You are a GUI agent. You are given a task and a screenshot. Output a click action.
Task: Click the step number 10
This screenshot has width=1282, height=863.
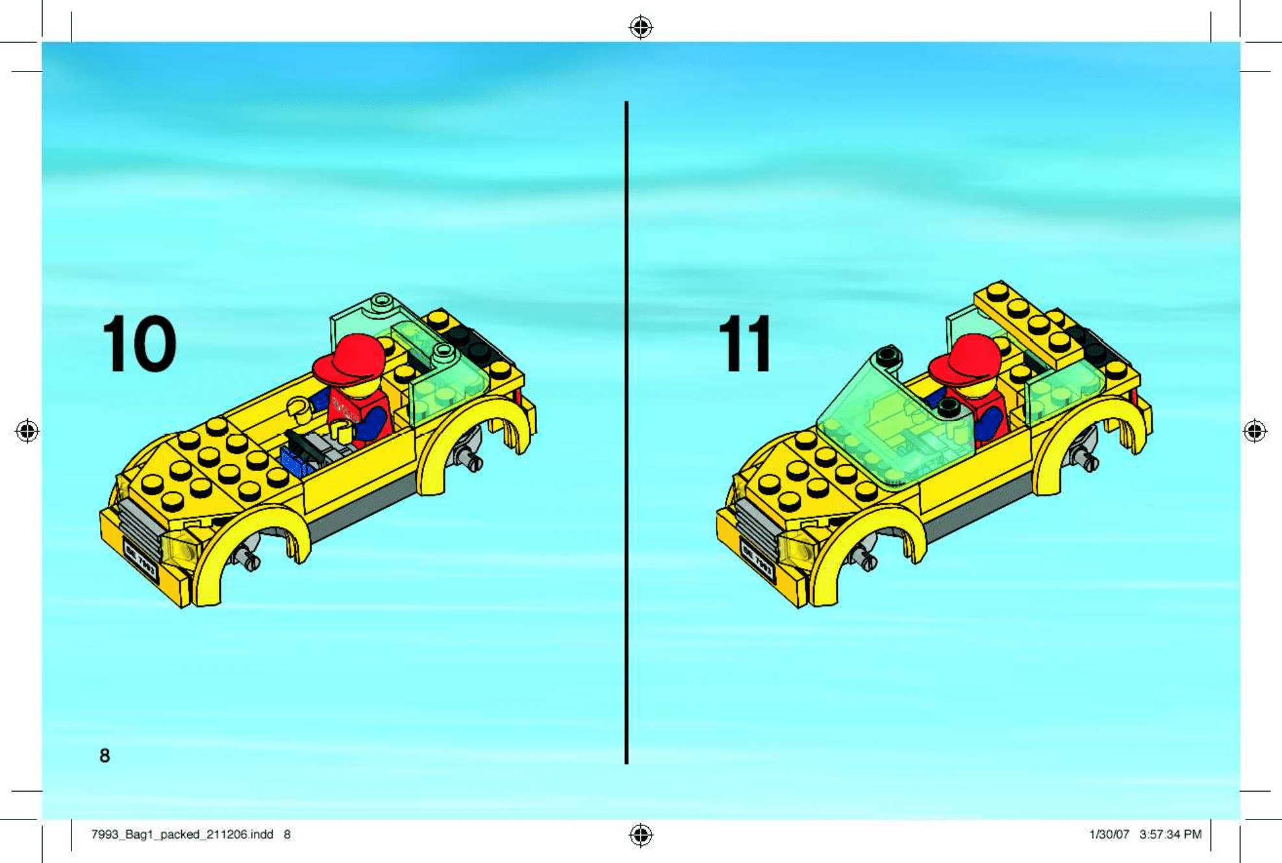[x=139, y=344]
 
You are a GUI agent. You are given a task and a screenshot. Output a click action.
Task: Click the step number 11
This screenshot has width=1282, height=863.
[x=746, y=344]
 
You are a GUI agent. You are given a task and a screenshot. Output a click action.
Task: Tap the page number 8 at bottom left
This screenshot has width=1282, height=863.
[x=105, y=755]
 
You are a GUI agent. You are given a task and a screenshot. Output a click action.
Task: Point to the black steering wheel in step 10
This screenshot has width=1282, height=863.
[x=303, y=446]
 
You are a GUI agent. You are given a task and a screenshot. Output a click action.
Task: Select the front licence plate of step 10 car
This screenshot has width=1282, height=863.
[x=140, y=561]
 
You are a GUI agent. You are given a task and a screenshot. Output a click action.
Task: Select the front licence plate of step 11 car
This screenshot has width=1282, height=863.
[x=757, y=561]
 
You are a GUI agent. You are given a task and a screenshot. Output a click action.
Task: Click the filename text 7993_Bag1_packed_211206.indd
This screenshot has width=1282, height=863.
[x=182, y=834]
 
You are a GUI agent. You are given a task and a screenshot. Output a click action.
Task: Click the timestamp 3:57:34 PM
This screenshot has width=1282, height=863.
[x=1170, y=834]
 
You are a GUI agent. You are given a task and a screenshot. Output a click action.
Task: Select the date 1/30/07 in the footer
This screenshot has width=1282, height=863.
[x=1109, y=834]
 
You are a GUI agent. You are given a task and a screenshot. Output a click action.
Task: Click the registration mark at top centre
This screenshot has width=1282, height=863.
[x=641, y=27]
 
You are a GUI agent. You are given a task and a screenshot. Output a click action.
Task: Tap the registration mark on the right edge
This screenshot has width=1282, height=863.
[x=1255, y=431]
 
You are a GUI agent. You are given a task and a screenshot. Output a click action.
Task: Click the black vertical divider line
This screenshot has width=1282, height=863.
[x=626, y=429]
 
